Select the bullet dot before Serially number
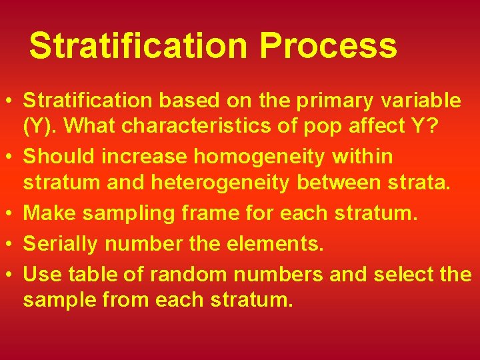coord(12,245)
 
